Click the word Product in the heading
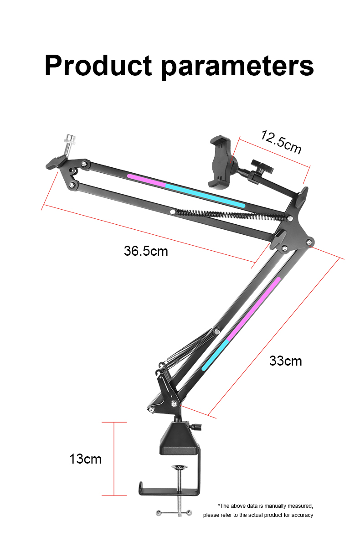tap(98, 65)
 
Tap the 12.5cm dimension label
tap(281, 142)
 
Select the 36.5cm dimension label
tap(146, 251)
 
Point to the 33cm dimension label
tap(285, 361)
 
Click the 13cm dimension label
tap(85, 459)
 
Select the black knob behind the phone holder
tap(262, 166)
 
